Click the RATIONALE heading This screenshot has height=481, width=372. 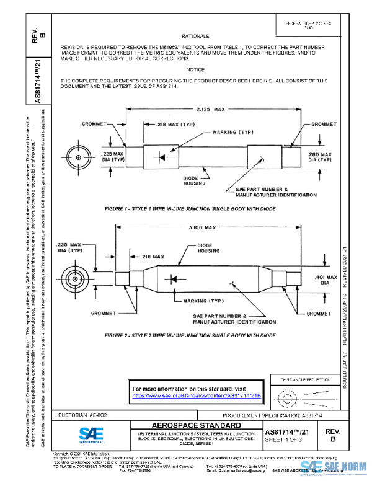point(195,37)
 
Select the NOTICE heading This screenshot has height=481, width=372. point(195,70)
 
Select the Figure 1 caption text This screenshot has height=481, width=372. point(190,209)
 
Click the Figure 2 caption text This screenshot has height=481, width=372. point(190,335)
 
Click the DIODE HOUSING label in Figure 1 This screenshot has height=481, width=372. point(191,180)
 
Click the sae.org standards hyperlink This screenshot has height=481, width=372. point(197,395)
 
